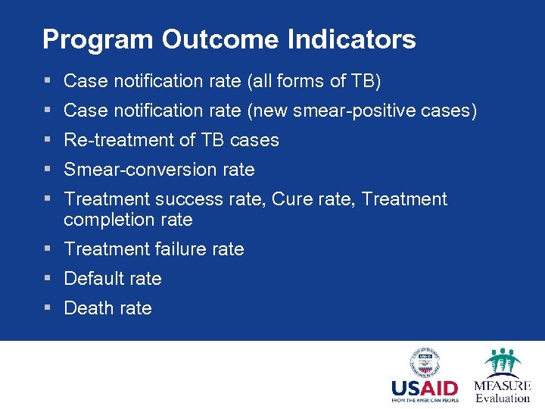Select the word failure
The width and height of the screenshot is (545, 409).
pyautogui.click(x=181, y=249)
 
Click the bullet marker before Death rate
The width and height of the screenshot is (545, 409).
pyautogui.click(x=47, y=308)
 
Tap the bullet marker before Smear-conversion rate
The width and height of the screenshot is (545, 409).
pyautogui.click(x=47, y=170)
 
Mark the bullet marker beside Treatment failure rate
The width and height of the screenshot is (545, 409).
pyautogui.click(x=47, y=249)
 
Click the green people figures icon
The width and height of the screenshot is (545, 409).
pyautogui.click(x=502, y=361)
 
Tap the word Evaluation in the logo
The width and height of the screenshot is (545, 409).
pyautogui.click(x=503, y=398)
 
